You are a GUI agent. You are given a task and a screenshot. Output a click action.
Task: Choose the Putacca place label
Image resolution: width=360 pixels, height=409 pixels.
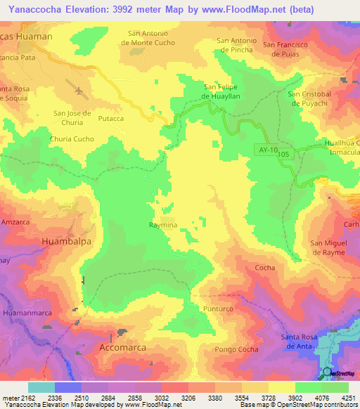point(111,119)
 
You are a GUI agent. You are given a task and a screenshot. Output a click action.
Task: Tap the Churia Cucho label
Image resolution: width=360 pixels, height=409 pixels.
point(72,139)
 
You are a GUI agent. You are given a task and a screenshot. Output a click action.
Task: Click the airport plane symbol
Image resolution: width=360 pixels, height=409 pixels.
point(77,91)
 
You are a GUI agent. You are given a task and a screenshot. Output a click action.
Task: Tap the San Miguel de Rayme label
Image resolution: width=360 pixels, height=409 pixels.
point(335,247)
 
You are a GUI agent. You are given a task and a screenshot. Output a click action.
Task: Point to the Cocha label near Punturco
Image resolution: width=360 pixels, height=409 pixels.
point(264,268)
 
